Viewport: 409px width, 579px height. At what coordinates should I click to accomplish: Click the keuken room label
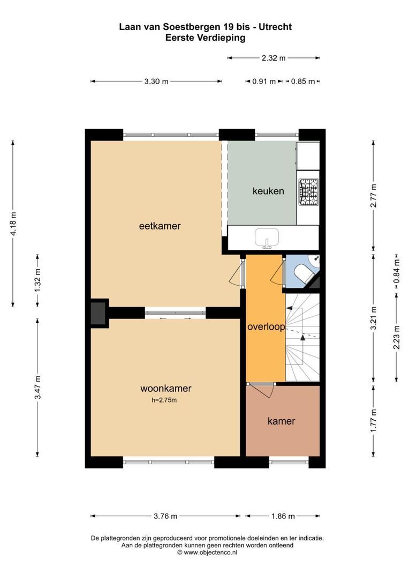coord(268,191)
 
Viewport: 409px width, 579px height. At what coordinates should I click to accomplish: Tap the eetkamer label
coord(160,226)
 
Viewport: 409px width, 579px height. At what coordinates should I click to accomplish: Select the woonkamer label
coord(165,389)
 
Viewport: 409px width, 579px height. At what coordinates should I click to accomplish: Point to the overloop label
coord(266,326)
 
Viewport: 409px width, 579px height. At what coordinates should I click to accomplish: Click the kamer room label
coord(281,421)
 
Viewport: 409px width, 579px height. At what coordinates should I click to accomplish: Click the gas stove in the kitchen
coord(308,192)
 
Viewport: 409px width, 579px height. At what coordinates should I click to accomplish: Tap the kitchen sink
coord(266,238)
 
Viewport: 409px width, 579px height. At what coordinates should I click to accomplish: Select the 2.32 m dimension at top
coord(274,58)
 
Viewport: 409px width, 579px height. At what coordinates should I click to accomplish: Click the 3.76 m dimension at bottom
coord(165,516)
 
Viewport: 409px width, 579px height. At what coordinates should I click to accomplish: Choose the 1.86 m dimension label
coord(283,516)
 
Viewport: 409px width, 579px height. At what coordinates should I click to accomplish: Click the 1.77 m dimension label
coord(374,421)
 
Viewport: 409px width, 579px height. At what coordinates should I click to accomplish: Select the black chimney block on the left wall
coord(99,314)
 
